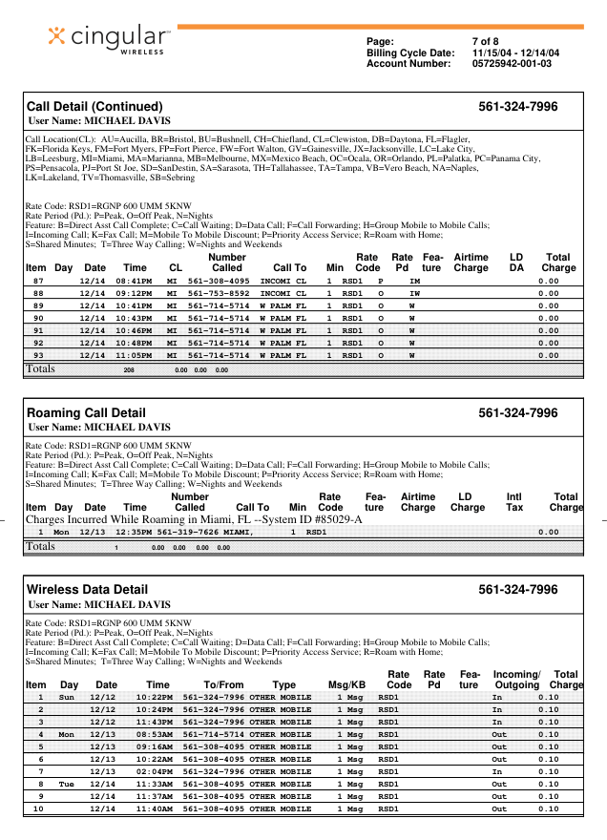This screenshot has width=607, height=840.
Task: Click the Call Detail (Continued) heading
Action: pos(94,106)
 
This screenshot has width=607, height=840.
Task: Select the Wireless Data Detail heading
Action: pos(87,590)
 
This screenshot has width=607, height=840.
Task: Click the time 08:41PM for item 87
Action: pos(135,282)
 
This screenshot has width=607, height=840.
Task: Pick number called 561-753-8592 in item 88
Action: pos(218,293)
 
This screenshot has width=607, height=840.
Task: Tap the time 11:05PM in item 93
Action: pos(135,354)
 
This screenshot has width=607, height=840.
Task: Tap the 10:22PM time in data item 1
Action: pos(154,697)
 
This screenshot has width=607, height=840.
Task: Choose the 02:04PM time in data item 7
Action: pos(154,770)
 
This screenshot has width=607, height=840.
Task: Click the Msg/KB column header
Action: pos(346,684)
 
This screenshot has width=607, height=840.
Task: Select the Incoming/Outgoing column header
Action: pos(516,680)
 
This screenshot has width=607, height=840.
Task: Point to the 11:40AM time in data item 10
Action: pos(154,808)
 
